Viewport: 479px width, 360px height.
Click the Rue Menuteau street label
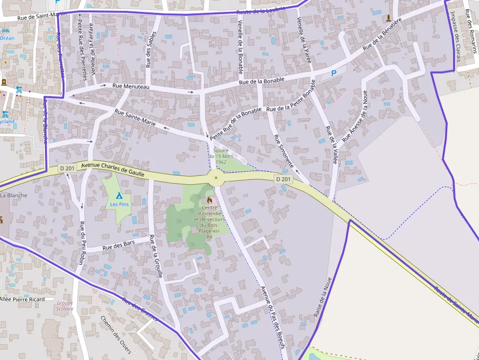pos(131,86)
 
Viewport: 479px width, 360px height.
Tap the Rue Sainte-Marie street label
pos(135,118)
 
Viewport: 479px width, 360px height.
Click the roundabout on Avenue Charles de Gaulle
pos(216,178)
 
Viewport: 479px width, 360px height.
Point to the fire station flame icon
pos(210,200)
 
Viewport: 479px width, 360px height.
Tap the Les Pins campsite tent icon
pos(119,195)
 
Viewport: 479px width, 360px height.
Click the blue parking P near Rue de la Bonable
pos(334,73)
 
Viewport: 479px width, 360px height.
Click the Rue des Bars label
pos(119,246)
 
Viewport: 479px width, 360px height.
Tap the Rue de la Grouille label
pos(156,256)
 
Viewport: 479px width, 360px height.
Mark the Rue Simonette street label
pos(283,151)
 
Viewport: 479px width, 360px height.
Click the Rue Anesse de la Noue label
pos(354,116)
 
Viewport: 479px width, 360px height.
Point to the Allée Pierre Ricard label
pos(22,299)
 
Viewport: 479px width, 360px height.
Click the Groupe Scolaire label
pos(65,306)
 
